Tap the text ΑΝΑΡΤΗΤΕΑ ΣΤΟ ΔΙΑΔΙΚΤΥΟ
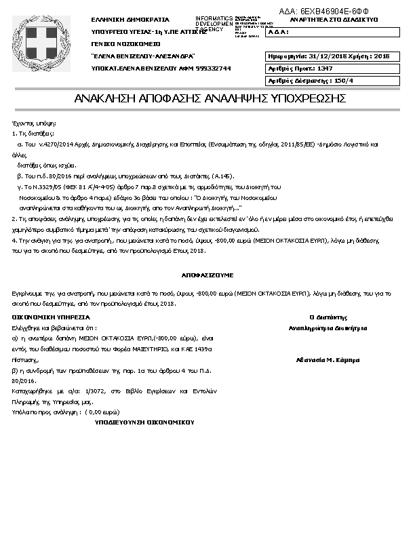point(333,20)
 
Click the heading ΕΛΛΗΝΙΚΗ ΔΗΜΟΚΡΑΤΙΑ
point(130,20)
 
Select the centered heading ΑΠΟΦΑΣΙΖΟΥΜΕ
point(207,276)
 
